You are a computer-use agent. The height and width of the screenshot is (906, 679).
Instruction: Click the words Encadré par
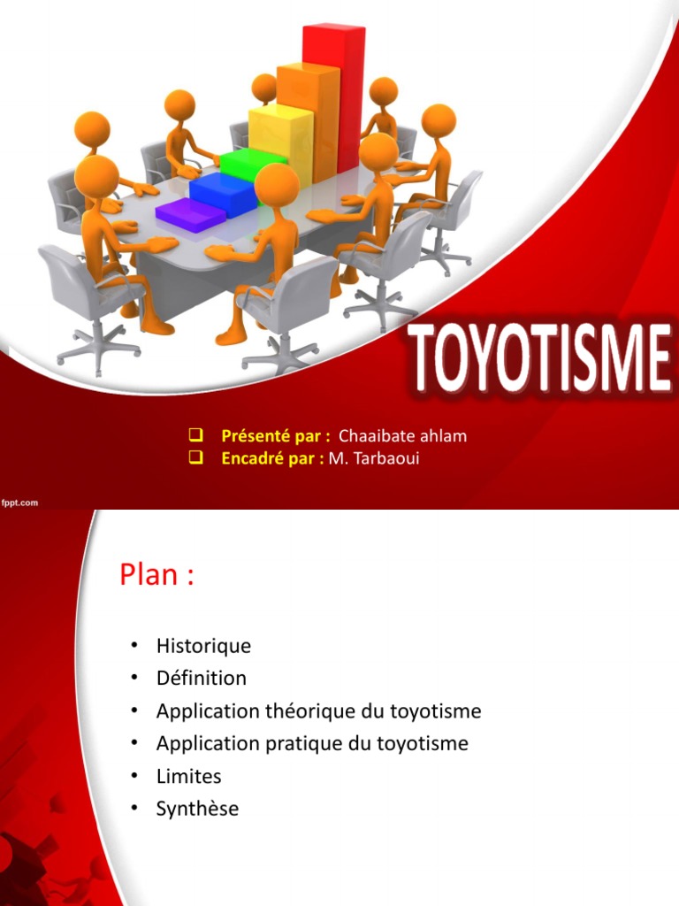[x=271, y=457]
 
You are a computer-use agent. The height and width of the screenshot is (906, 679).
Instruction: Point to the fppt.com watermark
[x=19, y=503]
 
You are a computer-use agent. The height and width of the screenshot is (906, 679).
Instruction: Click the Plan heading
[x=156, y=575]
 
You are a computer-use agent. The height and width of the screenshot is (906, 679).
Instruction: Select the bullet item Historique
[x=203, y=646]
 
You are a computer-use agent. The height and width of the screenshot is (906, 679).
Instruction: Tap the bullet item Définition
[x=202, y=679]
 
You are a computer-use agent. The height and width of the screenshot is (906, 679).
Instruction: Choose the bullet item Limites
[x=188, y=777]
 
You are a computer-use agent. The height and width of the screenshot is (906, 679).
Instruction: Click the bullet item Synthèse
[x=197, y=809]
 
